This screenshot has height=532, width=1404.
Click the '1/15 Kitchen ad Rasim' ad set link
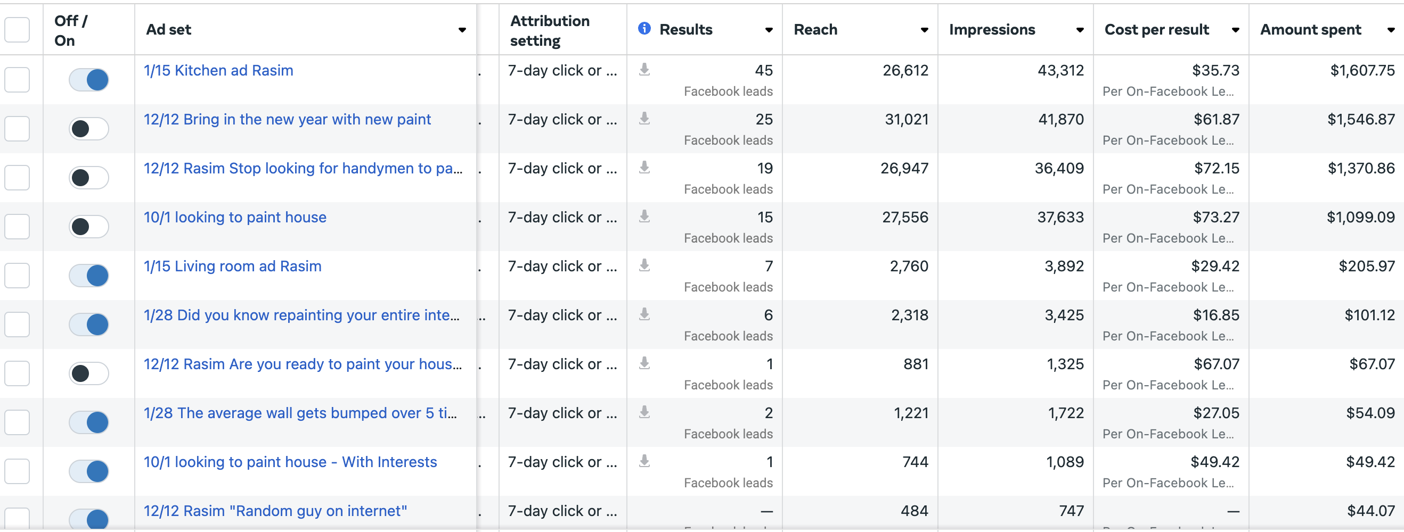point(218,71)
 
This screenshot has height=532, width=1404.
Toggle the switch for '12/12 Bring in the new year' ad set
point(89,129)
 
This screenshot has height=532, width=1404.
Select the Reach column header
point(815,30)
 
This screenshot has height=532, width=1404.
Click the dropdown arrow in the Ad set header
point(462,30)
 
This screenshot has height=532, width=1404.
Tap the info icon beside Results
point(644,28)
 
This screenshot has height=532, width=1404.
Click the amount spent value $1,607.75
point(1362,71)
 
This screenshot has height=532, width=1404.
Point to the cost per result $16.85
point(1216,315)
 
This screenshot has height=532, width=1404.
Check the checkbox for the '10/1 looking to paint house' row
point(17,227)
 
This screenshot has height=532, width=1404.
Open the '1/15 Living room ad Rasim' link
point(232,267)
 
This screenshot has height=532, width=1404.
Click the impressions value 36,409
point(1059,168)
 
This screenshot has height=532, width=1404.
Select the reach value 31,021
point(907,119)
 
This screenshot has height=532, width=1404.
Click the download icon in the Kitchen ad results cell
point(644,69)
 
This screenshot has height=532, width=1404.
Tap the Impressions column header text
point(992,30)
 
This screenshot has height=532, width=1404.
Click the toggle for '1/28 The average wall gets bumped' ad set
point(89,422)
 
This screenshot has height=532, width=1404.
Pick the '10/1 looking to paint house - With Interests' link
point(290,462)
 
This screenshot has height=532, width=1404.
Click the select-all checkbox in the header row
point(17,29)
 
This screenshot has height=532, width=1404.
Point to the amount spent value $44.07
point(1371,511)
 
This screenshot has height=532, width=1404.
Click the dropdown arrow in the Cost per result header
point(1235,30)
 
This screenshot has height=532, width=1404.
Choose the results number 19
point(765,168)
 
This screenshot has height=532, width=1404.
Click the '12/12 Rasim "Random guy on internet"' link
point(275,511)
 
